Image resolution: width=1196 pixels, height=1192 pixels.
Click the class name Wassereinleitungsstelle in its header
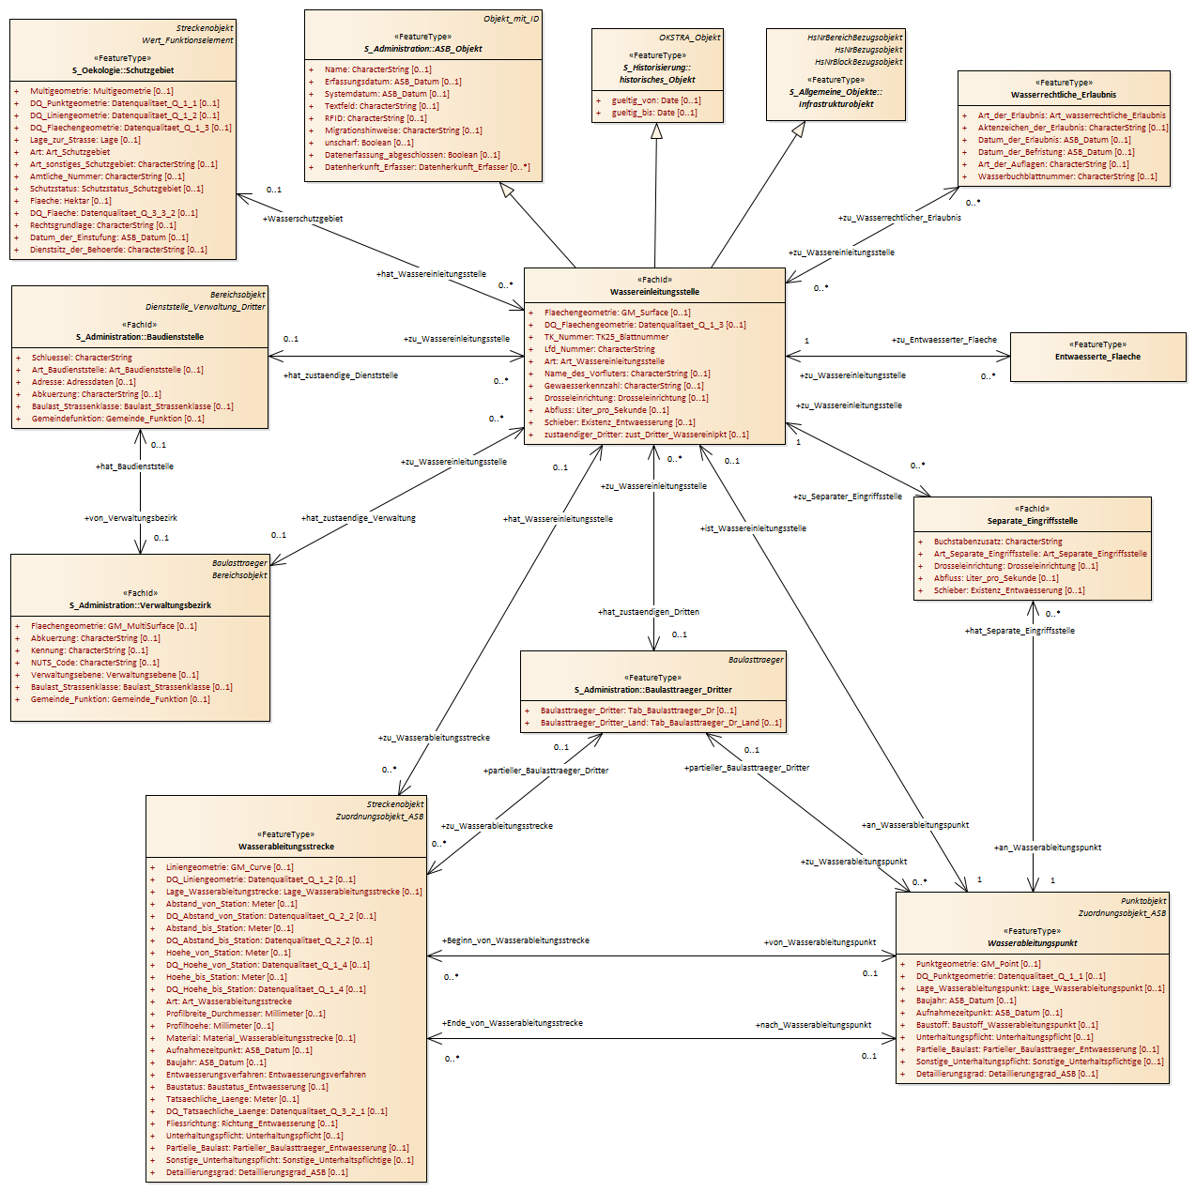654,292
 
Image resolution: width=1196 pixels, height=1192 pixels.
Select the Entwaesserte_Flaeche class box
1097,357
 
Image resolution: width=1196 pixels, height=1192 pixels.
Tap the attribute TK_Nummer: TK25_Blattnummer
606,337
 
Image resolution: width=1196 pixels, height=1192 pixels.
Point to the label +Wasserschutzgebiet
302,219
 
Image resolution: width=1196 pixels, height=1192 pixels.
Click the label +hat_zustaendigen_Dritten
648,612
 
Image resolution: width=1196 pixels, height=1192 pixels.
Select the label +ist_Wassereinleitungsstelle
753,528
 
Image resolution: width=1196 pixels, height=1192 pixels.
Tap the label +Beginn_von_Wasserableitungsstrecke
515,940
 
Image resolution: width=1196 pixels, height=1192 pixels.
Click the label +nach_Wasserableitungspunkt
813,1025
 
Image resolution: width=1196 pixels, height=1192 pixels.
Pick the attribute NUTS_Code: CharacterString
95,663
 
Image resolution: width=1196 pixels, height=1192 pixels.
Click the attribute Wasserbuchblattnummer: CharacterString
1067,177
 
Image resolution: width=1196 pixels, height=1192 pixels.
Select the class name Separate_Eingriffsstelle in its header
1032,522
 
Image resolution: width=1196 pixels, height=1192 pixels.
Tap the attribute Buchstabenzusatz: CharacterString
998,542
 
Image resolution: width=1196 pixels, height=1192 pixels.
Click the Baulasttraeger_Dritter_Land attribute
661,724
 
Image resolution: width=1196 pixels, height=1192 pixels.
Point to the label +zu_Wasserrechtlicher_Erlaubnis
899,218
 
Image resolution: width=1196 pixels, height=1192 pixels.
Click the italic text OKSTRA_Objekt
690,38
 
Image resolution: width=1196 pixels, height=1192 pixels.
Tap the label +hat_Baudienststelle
134,466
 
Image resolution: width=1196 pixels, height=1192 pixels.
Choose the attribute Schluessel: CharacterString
82,358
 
